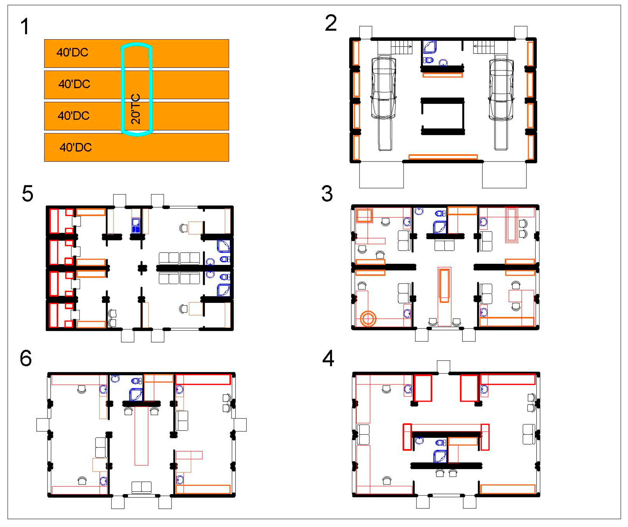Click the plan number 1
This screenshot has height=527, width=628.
[25, 26]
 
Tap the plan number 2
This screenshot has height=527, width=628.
[331, 23]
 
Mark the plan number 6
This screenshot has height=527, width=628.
[26, 358]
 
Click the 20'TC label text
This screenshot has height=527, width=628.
[136, 109]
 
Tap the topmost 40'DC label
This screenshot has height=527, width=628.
[72, 53]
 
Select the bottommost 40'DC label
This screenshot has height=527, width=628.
[76, 147]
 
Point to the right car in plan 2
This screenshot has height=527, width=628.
[501, 90]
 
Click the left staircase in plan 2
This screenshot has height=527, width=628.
[401, 47]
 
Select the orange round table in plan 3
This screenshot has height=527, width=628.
[368, 318]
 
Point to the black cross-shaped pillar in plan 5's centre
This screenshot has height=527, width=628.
[142, 268]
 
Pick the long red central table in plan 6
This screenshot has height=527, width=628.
[141, 435]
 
